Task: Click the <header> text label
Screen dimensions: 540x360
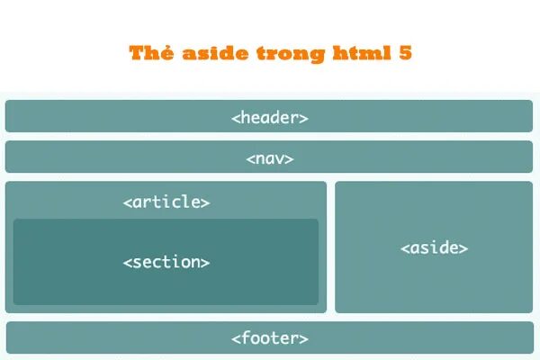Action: coord(269,117)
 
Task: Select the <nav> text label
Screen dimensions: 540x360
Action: coord(269,158)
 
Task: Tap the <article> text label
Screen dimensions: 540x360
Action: coord(166,202)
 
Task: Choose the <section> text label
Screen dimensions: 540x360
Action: coord(166,263)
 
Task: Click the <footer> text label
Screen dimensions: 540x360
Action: coord(269,338)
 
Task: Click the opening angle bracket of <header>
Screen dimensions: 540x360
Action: coord(235,118)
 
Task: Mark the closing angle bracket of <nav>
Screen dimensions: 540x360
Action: coord(290,159)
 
